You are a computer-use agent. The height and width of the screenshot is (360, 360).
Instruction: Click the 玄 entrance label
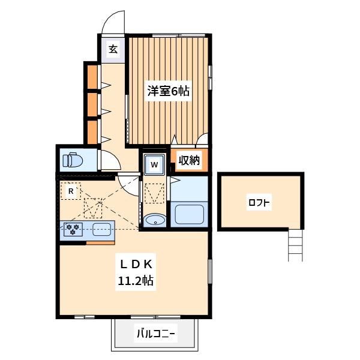(x=113, y=49)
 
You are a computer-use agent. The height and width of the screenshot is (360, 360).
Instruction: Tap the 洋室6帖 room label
(x=168, y=91)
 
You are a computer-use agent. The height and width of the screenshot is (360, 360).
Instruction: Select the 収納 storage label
(x=189, y=160)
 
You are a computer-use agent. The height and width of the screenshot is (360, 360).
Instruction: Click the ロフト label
(x=259, y=203)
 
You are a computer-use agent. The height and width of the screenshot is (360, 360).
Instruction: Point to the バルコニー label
(x=156, y=334)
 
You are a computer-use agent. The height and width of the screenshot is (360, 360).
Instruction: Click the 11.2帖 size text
(x=136, y=280)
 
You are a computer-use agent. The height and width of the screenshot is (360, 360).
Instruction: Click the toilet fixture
(x=73, y=160)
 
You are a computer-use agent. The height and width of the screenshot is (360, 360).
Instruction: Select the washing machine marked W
(x=155, y=164)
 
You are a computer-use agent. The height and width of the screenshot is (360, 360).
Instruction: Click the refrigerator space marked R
(x=71, y=191)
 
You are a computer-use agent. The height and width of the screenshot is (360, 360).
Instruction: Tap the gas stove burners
(x=73, y=229)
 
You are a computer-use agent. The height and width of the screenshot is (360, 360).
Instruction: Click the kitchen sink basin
(x=102, y=229)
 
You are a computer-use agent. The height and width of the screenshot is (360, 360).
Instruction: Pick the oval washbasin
(x=155, y=220)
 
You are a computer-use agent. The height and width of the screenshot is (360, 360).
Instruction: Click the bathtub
(x=190, y=214)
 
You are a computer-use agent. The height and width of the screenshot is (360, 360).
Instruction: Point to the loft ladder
(x=295, y=245)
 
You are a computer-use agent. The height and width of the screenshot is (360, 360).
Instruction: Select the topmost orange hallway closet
(x=92, y=77)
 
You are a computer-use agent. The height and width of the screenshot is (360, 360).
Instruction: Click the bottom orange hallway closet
(x=92, y=132)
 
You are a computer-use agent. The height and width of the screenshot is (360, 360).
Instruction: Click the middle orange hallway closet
(x=92, y=104)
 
